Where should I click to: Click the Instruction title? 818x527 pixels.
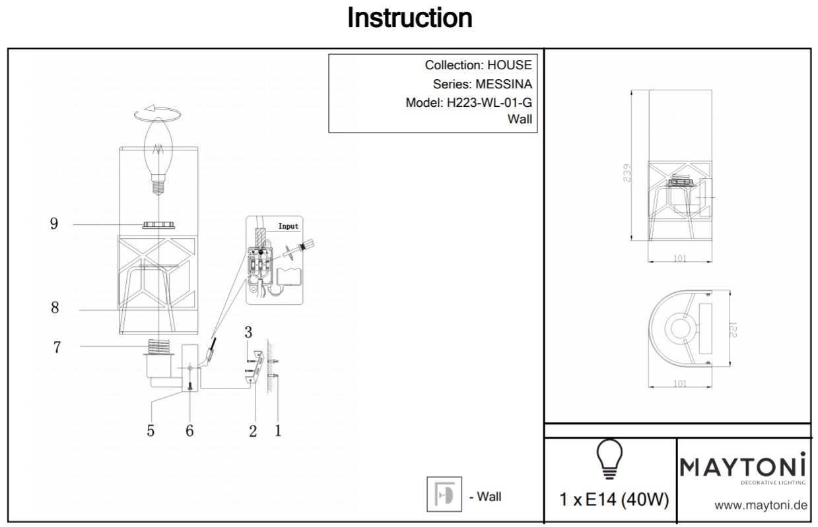click(x=409, y=18)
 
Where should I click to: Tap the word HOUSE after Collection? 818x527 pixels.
click(x=509, y=65)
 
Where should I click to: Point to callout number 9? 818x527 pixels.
click(x=54, y=224)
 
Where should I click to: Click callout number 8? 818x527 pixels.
click(x=55, y=308)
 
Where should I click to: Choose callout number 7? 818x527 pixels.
click(x=57, y=347)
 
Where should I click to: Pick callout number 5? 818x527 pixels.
click(x=151, y=431)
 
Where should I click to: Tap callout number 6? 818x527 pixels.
click(x=189, y=431)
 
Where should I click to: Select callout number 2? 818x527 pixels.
click(x=253, y=431)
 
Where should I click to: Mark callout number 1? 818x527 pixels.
click(x=278, y=430)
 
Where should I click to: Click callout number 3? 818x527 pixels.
click(x=248, y=332)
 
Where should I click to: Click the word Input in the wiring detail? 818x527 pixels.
click(x=288, y=226)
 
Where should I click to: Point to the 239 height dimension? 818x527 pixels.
click(x=627, y=173)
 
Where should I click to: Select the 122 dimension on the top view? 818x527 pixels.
click(x=733, y=330)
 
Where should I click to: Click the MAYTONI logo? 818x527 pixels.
click(x=743, y=469)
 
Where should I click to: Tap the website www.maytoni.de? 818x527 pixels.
click(x=761, y=506)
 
